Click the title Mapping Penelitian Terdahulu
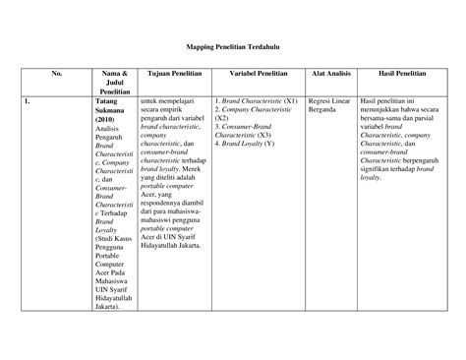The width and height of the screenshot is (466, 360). [233, 45]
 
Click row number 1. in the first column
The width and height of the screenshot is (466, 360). [30, 100]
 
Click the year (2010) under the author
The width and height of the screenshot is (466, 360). [109, 118]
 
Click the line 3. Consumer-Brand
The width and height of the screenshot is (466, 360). [247, 127]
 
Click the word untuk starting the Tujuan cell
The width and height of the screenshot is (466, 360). [151, 100]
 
